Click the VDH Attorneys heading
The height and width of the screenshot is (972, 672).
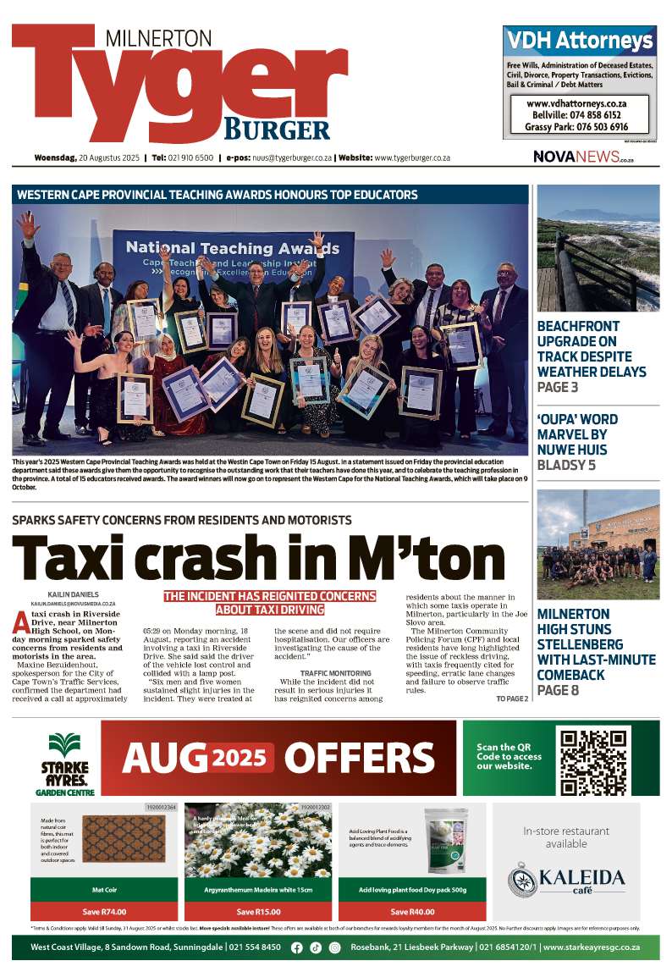[580, 41]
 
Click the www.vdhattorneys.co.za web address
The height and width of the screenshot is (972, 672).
[576, 102]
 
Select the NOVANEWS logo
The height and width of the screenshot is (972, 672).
[583, 157]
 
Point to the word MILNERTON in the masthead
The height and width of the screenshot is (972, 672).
[158, 38]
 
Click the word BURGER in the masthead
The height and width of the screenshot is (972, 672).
[276, 130]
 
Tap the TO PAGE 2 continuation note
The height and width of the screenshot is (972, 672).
[512, 699]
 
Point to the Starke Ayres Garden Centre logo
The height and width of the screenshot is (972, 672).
[63, 759]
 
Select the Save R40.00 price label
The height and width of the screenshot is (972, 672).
[412, 912]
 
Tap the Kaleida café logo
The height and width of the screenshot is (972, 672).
[567, 877]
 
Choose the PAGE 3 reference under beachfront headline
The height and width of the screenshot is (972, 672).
[558, 387]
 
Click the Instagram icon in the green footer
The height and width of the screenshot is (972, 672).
[334, 947]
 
